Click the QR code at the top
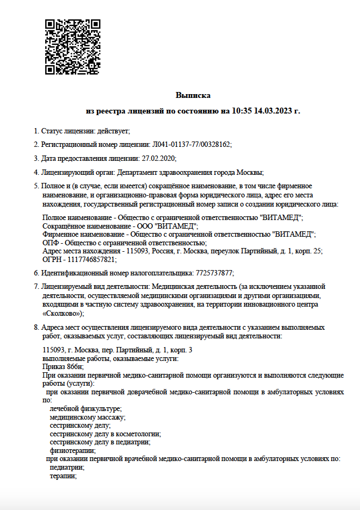coord(73,47)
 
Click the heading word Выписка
coord(193,95)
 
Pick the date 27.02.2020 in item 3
coord(158,158)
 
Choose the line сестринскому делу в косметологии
coord(105,434)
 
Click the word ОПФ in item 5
coord(50,243)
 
